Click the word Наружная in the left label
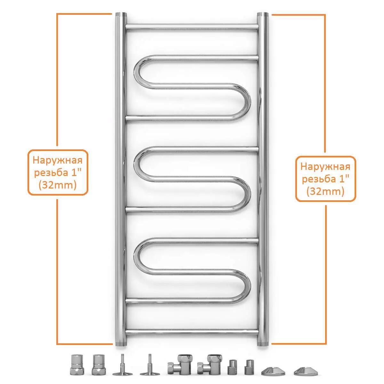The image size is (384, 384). [x=58, y=160]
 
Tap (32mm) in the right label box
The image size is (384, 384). [x=325, y=192]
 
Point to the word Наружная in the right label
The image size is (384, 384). [x=325, y=167]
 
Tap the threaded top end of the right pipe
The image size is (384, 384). [x=263, y=14]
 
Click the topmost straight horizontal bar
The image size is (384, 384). [x=192, y=27]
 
